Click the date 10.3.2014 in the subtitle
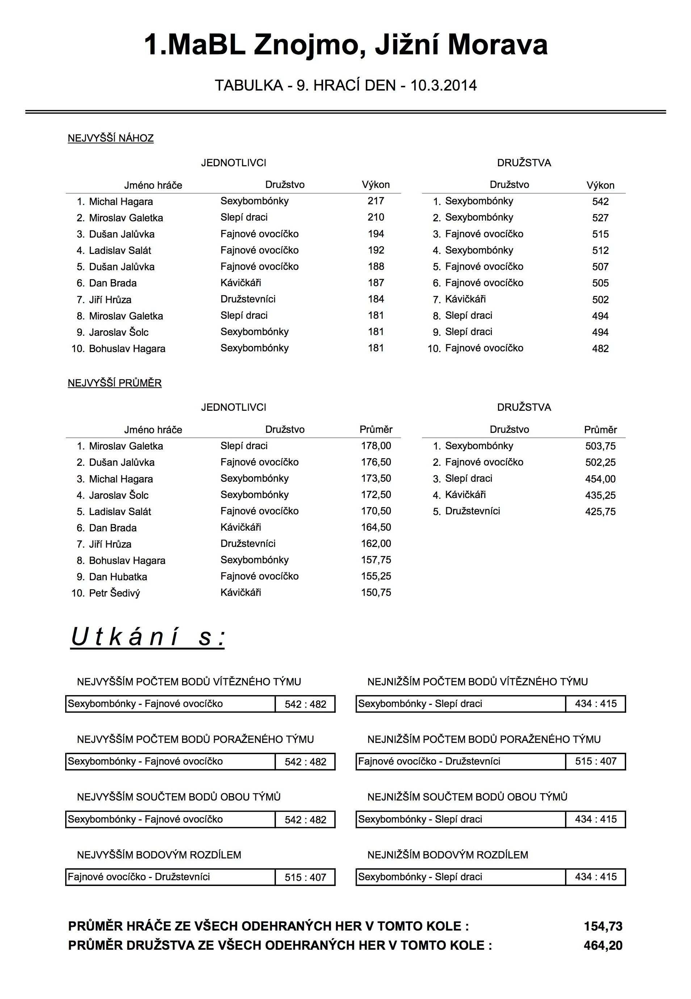tap(443, 85)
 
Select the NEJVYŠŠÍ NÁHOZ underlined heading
tap(111, 139)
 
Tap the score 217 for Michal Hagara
tap(376, 201)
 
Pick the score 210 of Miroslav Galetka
tap(376, 217)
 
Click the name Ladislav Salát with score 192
tap(120, 250)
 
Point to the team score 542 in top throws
tap(600, 201)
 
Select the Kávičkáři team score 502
tap(600, 300)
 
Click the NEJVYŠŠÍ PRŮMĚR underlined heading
tap(115, 383)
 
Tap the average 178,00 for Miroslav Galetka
tap(376, 446)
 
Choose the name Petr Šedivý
tap(114, 593)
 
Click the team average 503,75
tap(600, 446)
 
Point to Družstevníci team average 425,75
tap(600, 511)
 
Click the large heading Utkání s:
tap(148, 638)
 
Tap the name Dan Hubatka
tap(118, 577)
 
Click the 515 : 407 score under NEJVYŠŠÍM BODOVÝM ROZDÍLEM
tap(305, 878)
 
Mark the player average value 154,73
tap(603, 926)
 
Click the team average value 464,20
tap(603, 945)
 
